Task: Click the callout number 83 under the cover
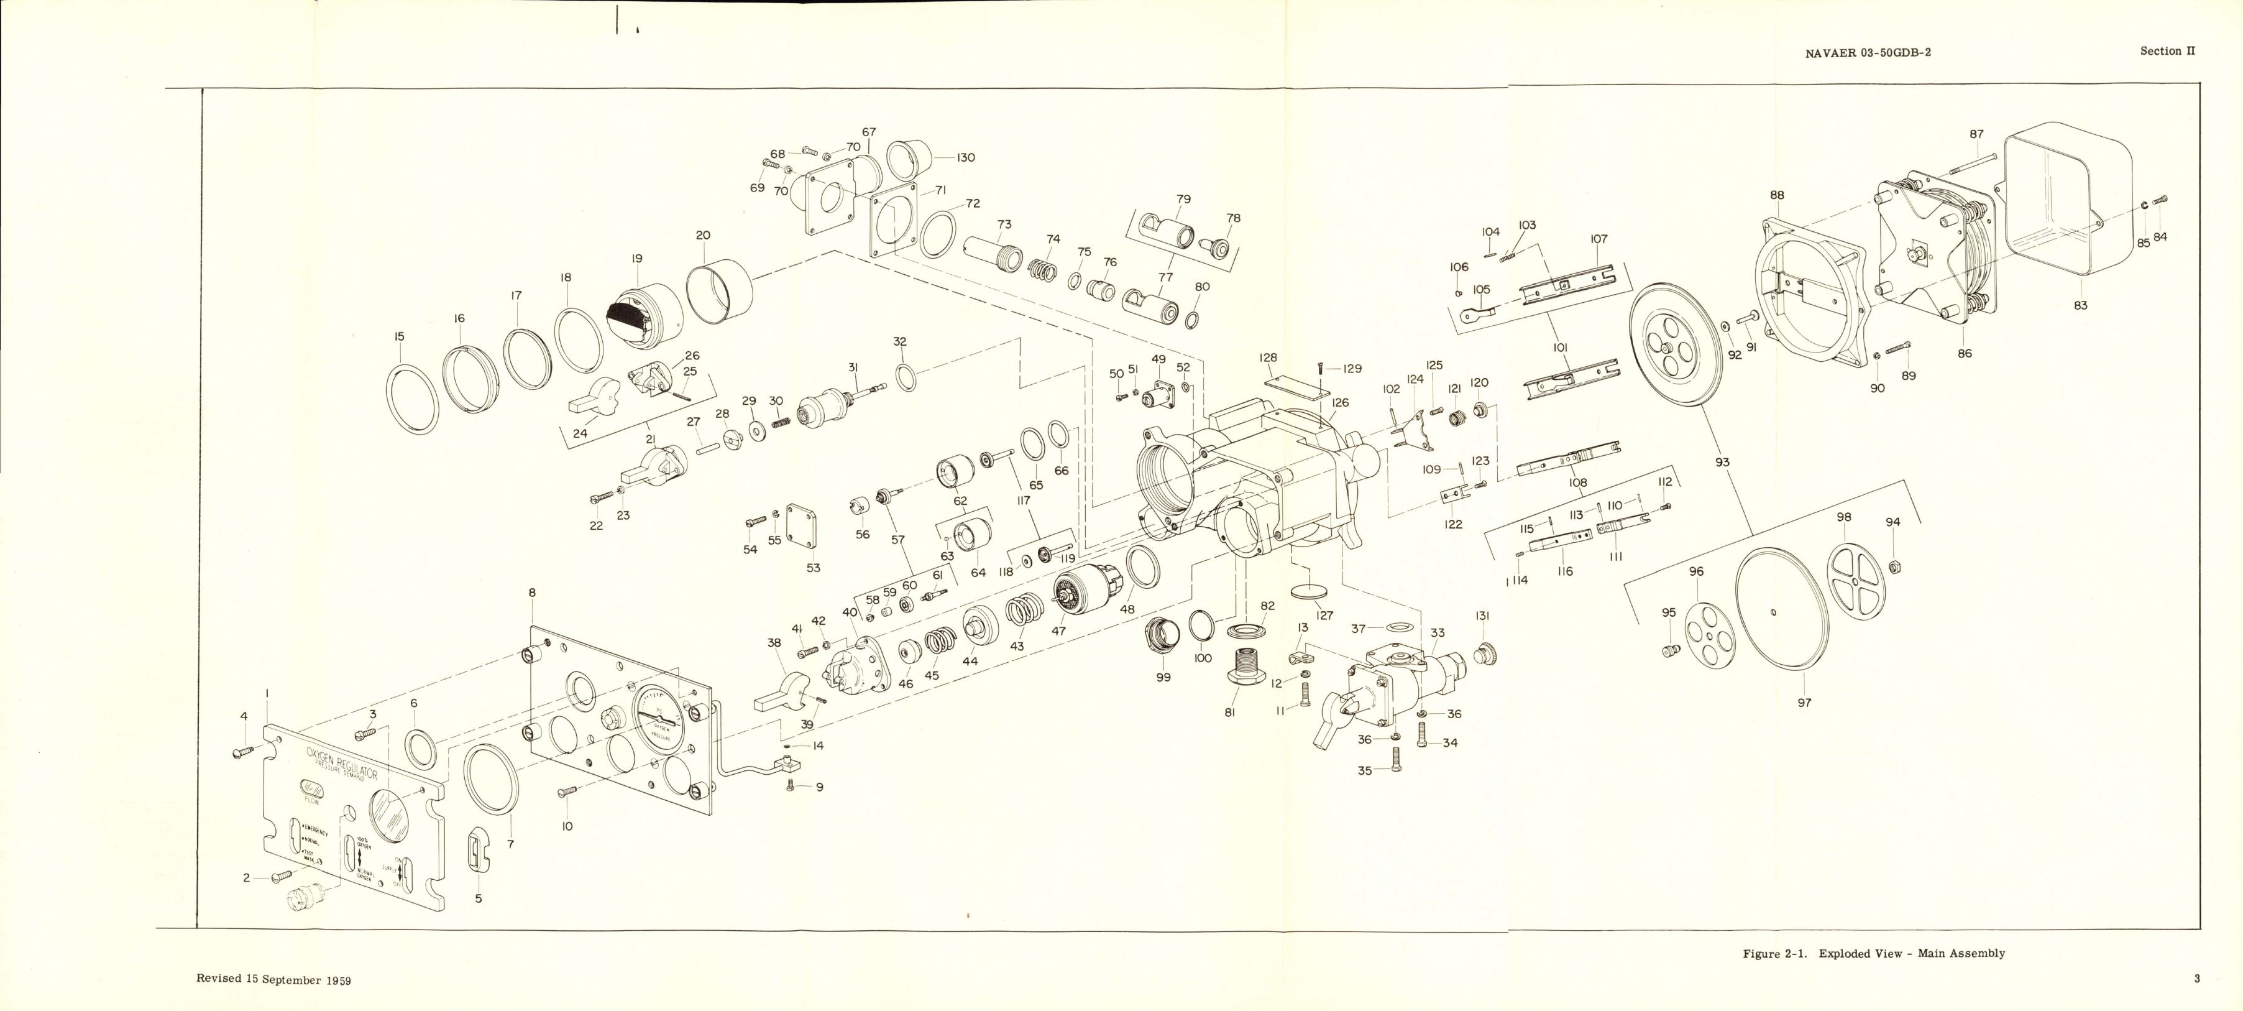[2080, 306]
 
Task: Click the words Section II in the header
[2167, 52]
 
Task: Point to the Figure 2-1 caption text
[1873, 954]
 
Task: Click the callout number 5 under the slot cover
[478, 898]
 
